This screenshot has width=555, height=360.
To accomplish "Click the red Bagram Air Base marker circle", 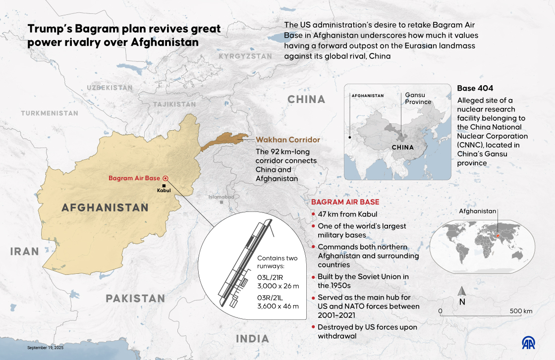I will pyautogui.click(x=166, y=178).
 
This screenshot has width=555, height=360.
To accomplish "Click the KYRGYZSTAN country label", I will pyautogui.click(x=245, y=56).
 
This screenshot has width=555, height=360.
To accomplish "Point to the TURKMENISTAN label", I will pyautogui.click(x=50, y=113).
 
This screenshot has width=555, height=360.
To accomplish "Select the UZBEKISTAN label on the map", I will pyautogui.click(x=110, y=88).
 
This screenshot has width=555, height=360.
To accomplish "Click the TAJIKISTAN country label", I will pyautogui.click(x=174, y=104).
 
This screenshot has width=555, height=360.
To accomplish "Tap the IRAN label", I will pyautogui.click(x=25, y=252).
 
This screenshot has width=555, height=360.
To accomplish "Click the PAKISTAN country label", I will pyautogui.click(x=135, y=298).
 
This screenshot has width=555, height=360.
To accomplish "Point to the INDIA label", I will pyautogui.click(x=252, y=339).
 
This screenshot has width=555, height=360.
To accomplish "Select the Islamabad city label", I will pyautogui.click(x=221, y=197).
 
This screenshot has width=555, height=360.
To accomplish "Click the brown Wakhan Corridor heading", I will pyautogui.click(x=288, y=140).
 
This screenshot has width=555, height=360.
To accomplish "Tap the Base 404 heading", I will pyautogui.click(x=475, y=89).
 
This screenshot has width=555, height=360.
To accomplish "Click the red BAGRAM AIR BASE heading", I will pyautogui.click(x=345, y=202).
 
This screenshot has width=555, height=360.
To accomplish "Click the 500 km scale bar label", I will pyautogui.click(x=521, y=311).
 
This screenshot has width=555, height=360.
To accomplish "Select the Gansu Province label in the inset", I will pyautogui.click(x=418, y=98).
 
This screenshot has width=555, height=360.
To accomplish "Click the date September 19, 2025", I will pyautogui.click(x=46, y=348).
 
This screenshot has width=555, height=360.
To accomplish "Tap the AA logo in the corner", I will pyautogui.click(x=531, y=343).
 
